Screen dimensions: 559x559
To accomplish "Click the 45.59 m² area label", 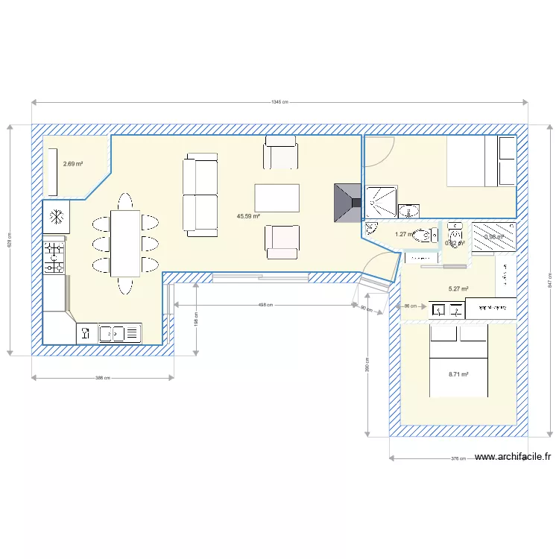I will tap(248, 216).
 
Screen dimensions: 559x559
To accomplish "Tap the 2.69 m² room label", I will tap(72, 164).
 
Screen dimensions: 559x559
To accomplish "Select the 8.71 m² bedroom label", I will tap(458, 375).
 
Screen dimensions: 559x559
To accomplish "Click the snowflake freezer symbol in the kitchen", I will tap(56, 218).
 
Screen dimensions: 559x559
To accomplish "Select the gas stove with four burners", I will tap(54, 257).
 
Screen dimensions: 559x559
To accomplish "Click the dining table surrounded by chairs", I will tap(125, 243).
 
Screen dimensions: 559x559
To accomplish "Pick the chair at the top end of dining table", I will tap(125, 201).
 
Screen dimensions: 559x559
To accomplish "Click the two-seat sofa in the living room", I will tap(200, 195).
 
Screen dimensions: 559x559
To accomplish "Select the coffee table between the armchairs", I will tap(277, 198).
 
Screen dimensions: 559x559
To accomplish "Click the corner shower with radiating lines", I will tap(381, 202).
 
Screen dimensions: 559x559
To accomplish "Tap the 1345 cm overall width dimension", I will tap(279, 103).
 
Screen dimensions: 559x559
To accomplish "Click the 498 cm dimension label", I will tap(265, 304).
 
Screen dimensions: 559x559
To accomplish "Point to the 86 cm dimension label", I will tap(410, 306).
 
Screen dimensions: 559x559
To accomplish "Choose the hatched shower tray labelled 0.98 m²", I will tap(493, 237).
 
